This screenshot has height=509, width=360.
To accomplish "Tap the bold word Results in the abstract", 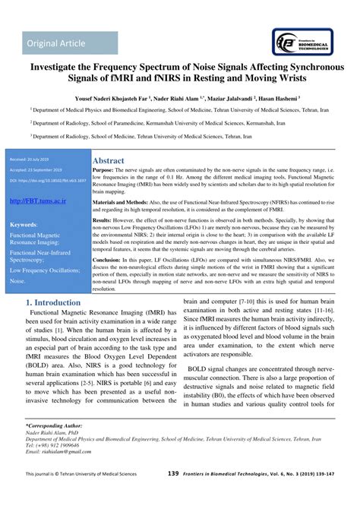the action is point(106,219).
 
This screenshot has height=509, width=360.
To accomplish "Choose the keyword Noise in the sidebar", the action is point(17,280).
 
